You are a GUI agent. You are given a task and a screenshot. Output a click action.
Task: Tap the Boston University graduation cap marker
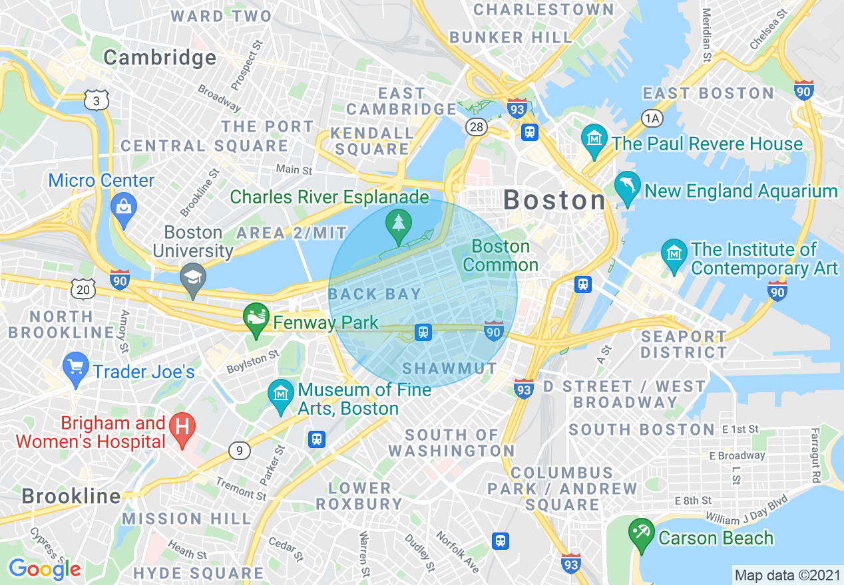tap(194, 277)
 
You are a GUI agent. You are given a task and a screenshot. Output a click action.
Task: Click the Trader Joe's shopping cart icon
tap(76, 367)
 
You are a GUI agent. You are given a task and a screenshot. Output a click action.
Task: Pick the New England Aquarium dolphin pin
tap(628, 187)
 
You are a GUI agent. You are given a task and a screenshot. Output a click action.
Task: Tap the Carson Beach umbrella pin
tap(642, 533)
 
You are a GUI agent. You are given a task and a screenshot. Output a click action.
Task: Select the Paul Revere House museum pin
tap(594, 139)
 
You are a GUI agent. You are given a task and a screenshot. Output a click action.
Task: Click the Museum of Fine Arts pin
tap(280, 395)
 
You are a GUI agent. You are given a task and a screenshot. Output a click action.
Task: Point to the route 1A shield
tap(652, 118)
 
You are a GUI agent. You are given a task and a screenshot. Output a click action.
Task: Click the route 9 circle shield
tap(239, 451)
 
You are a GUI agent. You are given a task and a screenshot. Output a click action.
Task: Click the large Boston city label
tap(554, 200)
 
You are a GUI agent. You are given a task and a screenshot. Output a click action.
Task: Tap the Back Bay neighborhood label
tap(375, 294)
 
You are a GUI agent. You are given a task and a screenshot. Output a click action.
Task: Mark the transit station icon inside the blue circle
tap(423, 332)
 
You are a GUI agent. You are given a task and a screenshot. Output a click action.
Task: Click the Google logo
tap(44, 569)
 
